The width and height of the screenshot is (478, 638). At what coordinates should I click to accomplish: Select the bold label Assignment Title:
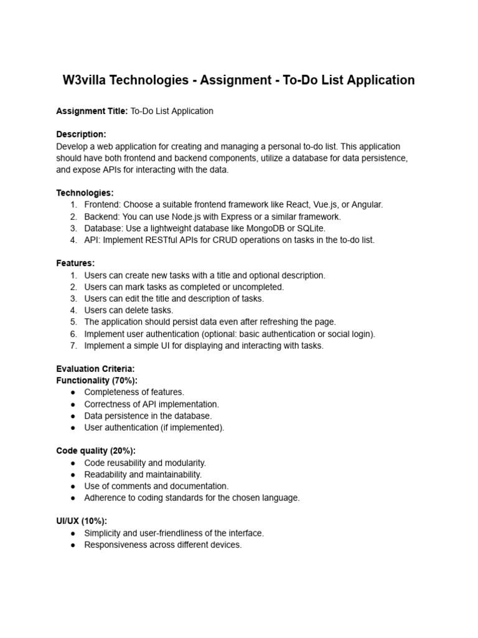click(92, 111)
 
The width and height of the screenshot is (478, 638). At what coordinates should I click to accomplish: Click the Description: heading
click(82, 135)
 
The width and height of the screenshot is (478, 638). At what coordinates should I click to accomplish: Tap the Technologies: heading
click(85, 193)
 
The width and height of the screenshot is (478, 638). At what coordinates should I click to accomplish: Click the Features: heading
click(75, 264)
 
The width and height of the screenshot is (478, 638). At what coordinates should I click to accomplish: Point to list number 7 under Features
click(73, 346)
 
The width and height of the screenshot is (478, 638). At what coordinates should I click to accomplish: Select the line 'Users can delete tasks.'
click(129, 310)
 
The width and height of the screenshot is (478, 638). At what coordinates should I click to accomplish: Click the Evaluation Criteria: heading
click(95, 369)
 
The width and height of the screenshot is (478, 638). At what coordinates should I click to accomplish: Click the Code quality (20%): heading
click(96, 450)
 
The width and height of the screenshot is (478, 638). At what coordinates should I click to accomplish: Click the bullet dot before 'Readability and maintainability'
click(73, 475)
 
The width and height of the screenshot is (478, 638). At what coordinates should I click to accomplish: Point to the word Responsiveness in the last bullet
click(115, 545)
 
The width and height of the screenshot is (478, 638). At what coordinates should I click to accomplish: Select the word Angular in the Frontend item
click(367, 205)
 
